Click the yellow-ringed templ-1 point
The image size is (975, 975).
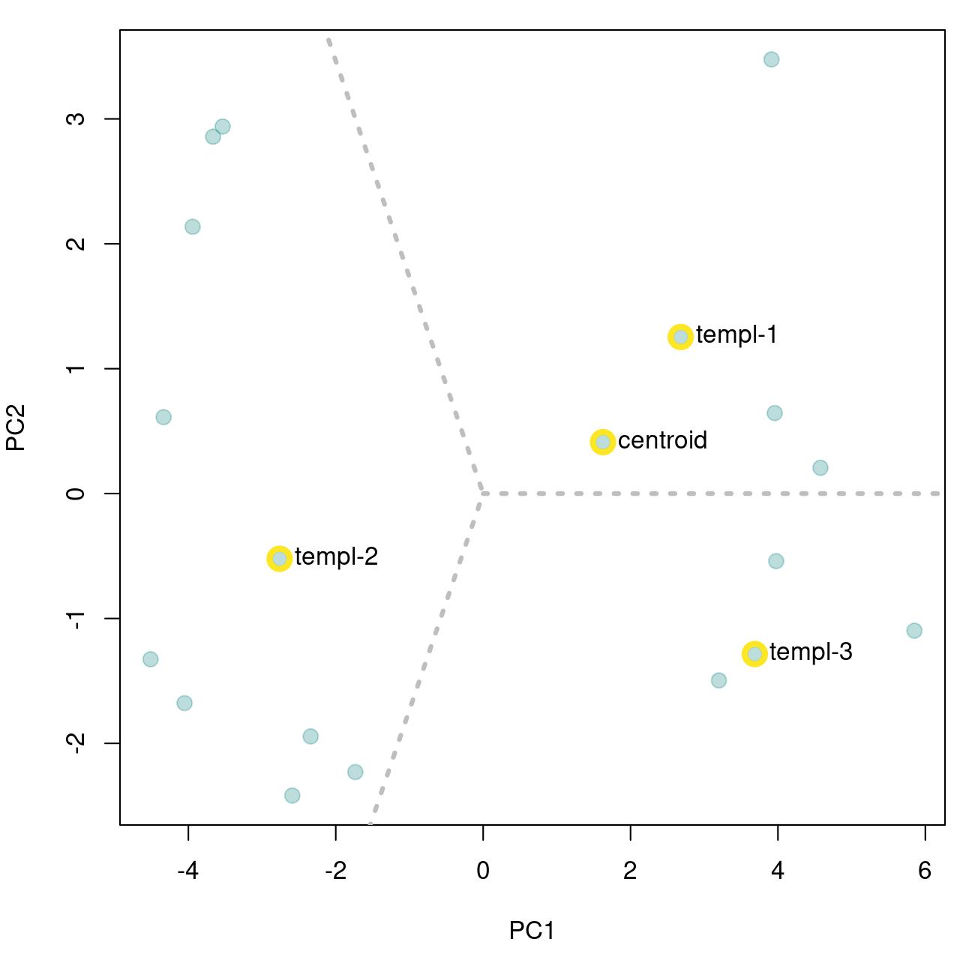click(679, 337)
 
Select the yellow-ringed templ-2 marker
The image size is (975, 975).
click(279, 558)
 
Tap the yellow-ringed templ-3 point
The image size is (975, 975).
click(754, 653)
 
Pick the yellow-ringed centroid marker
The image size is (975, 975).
click(602, 442)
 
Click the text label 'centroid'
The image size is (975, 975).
click(662, 440)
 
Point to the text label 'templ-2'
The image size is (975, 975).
click(336, 557)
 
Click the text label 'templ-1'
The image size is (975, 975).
click(736, 335)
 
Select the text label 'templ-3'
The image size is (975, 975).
click(811, 652)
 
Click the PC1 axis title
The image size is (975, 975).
click(532, 931)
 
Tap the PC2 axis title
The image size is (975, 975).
click(16, 427)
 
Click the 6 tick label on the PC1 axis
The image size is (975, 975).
click(925, 871)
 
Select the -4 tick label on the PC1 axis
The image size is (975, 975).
click(187, 871)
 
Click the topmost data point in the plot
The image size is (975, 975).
click(771, 59)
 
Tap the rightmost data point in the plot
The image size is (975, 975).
click(913, 631)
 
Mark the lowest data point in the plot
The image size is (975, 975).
click(292, 795)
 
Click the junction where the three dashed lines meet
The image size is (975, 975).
click(481, 493)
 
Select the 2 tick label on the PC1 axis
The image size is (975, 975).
click(630, 871)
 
